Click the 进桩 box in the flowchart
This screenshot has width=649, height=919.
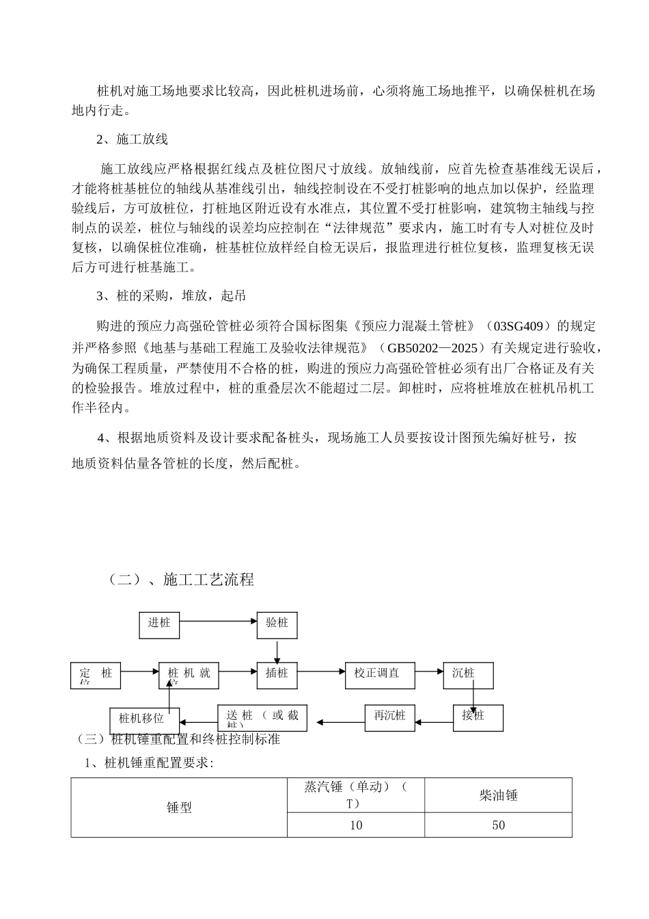tap(159, 623)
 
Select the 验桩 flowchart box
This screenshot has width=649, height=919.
tap(277, 623)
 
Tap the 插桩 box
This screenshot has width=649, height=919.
tap(277, 674)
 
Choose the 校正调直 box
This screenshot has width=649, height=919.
tap(376, 674)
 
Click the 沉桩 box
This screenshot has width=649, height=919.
tap(467, 674)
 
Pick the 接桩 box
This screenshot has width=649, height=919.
tap(478, 717)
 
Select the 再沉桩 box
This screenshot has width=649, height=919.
tap(389, 717)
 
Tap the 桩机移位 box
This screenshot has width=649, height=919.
tap(145, 719)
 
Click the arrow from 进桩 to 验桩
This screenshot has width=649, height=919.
tap(218, 622)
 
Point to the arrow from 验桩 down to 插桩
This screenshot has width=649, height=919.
tap(277, 650)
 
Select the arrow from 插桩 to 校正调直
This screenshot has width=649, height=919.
tap(321, 672)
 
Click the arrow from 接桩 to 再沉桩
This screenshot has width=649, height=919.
tap(434, 720)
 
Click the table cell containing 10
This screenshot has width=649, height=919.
tap(356, 825)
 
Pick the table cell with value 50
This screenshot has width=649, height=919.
tap(498, 825)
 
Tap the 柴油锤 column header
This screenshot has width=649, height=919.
tap(498, 795)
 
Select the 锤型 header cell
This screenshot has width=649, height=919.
tap(179, 808)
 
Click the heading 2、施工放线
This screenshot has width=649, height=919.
tap(132, 139)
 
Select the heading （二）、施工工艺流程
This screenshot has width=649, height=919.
tap(181, 580)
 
